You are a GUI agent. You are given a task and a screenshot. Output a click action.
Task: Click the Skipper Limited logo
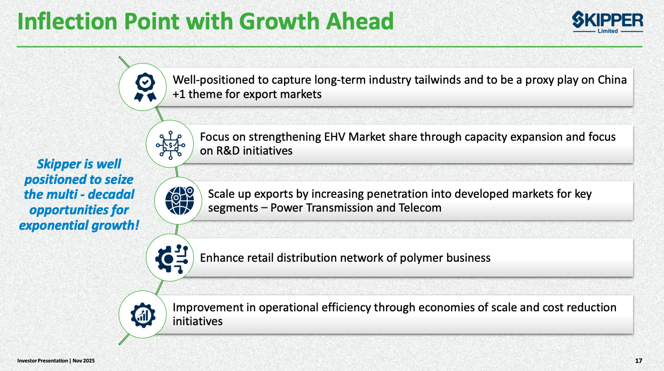tap(607, 22)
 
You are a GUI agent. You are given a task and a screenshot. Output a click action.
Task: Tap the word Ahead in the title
tap(360, 21)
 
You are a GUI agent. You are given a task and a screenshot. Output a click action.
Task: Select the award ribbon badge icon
tap(145, 87)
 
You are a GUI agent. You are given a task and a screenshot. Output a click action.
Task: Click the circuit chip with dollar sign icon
tap(170, 145)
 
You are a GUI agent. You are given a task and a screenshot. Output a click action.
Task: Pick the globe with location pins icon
tap(180, 200)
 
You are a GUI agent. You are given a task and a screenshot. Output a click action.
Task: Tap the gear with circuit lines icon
tap(172, 258)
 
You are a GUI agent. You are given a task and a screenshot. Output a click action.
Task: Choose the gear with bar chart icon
tap(143, 315)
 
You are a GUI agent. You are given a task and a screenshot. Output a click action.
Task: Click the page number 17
tap(638, 361)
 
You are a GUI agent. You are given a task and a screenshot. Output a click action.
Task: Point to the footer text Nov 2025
tap(84, 361)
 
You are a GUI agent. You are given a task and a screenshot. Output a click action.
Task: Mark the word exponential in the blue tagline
tap(53, 225)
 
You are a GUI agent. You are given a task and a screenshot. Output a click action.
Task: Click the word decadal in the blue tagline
tap(111, 195)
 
